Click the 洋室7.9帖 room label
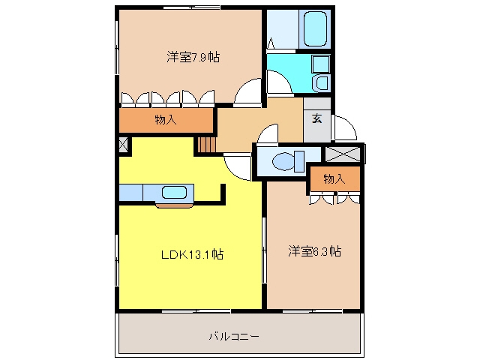coord(193,57)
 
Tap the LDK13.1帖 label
coord(192,254)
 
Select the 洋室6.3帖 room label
coord(314,251)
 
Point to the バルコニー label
coord(234,337)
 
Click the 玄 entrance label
coord(316,118)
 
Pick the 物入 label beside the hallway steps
coord(166,120)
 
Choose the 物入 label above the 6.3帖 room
coord(334,178)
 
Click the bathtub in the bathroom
coord(315,28)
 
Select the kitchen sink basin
coord(174,192)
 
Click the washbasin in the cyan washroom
coord(322,83)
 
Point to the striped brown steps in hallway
coord(207,145)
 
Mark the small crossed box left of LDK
coord(123,145)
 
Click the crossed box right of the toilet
coord(343,154)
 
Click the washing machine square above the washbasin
coord(320,64)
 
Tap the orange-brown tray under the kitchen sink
coord(175,205)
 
